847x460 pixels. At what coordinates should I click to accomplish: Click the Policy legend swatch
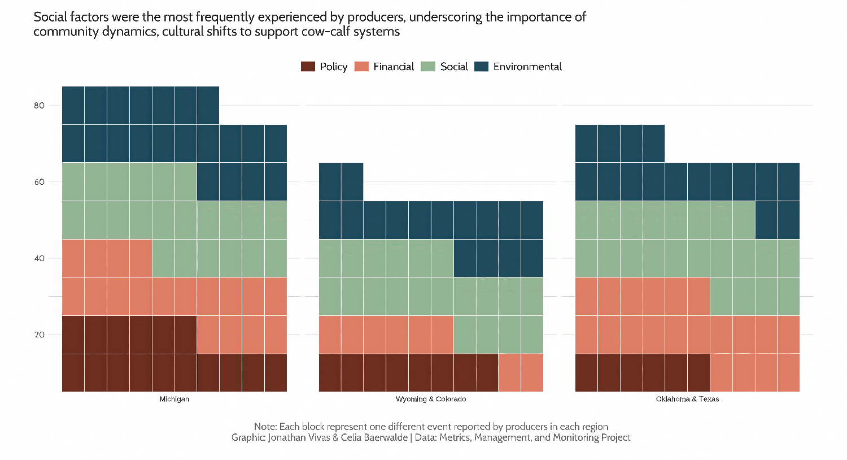pyautogui.click(x=308, y=67)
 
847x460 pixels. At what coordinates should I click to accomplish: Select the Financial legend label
pyautogui.click(x=394, y=67)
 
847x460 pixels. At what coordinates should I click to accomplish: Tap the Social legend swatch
pyautogui.click(x=428, y=67)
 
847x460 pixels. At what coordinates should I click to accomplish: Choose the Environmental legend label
pyautogui.click(x=527, y=67)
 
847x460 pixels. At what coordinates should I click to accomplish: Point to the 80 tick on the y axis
pyautogui.click(x=39, y=106)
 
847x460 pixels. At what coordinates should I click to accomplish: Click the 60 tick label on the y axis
pyautogui.click(x=39, y=182)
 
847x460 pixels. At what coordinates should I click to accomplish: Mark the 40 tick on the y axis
pyautogui.click(x=39, y=258)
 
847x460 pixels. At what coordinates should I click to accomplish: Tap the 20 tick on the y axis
pyautogui.click(x=39, y=335)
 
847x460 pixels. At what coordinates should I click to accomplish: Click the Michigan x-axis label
pyautogui.click(x=174, y=399)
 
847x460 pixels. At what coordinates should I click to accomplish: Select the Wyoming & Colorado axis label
pyautogui.click(x=431, y=399)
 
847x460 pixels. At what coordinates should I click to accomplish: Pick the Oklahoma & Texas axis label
pyautogui.click(x=687, y=399)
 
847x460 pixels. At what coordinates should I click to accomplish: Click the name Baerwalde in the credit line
pyautogui.click(x=385, y=437)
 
